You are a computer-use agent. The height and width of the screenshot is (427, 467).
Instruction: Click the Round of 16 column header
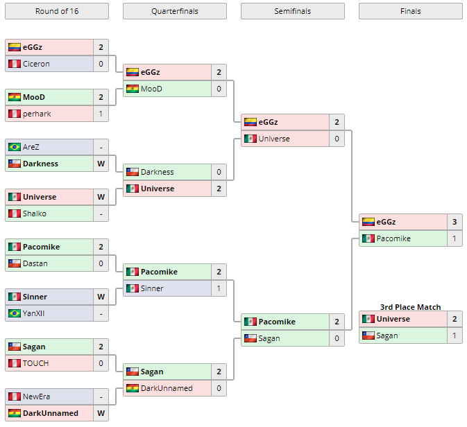[56, 11]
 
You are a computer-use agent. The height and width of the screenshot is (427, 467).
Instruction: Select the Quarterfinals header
[174, 11]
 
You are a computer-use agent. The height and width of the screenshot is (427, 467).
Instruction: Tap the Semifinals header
[292, 11]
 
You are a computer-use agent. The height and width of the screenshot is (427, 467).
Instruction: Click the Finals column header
[410, 11]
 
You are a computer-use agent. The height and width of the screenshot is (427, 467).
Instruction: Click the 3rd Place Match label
[410, 307]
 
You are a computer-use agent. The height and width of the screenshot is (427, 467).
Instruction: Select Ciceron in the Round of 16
[35, 64]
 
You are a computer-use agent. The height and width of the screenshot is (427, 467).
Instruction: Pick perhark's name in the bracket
[37, 114]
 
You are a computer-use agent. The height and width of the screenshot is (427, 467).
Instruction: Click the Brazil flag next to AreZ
[14, 147]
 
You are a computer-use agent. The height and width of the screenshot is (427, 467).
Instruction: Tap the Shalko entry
[35, 214]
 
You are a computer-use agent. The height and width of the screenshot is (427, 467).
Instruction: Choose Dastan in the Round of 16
[35, 263]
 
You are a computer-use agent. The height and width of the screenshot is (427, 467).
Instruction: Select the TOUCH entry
[35, 363]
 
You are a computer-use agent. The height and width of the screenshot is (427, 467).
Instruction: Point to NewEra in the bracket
[36, 397]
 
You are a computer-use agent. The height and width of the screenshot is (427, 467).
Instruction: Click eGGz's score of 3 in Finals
[455, 222]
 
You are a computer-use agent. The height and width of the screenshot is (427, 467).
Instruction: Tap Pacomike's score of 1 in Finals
[455, 238]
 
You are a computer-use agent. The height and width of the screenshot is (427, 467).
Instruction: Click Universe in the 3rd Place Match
[393, 319]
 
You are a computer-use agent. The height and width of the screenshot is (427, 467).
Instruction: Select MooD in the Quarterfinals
[151, 89]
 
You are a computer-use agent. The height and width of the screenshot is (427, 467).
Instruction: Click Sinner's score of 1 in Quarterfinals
[219, 288]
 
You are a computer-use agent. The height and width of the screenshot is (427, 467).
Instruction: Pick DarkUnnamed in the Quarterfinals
[167, 388]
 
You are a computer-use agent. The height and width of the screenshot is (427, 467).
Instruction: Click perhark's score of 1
[101, 114]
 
